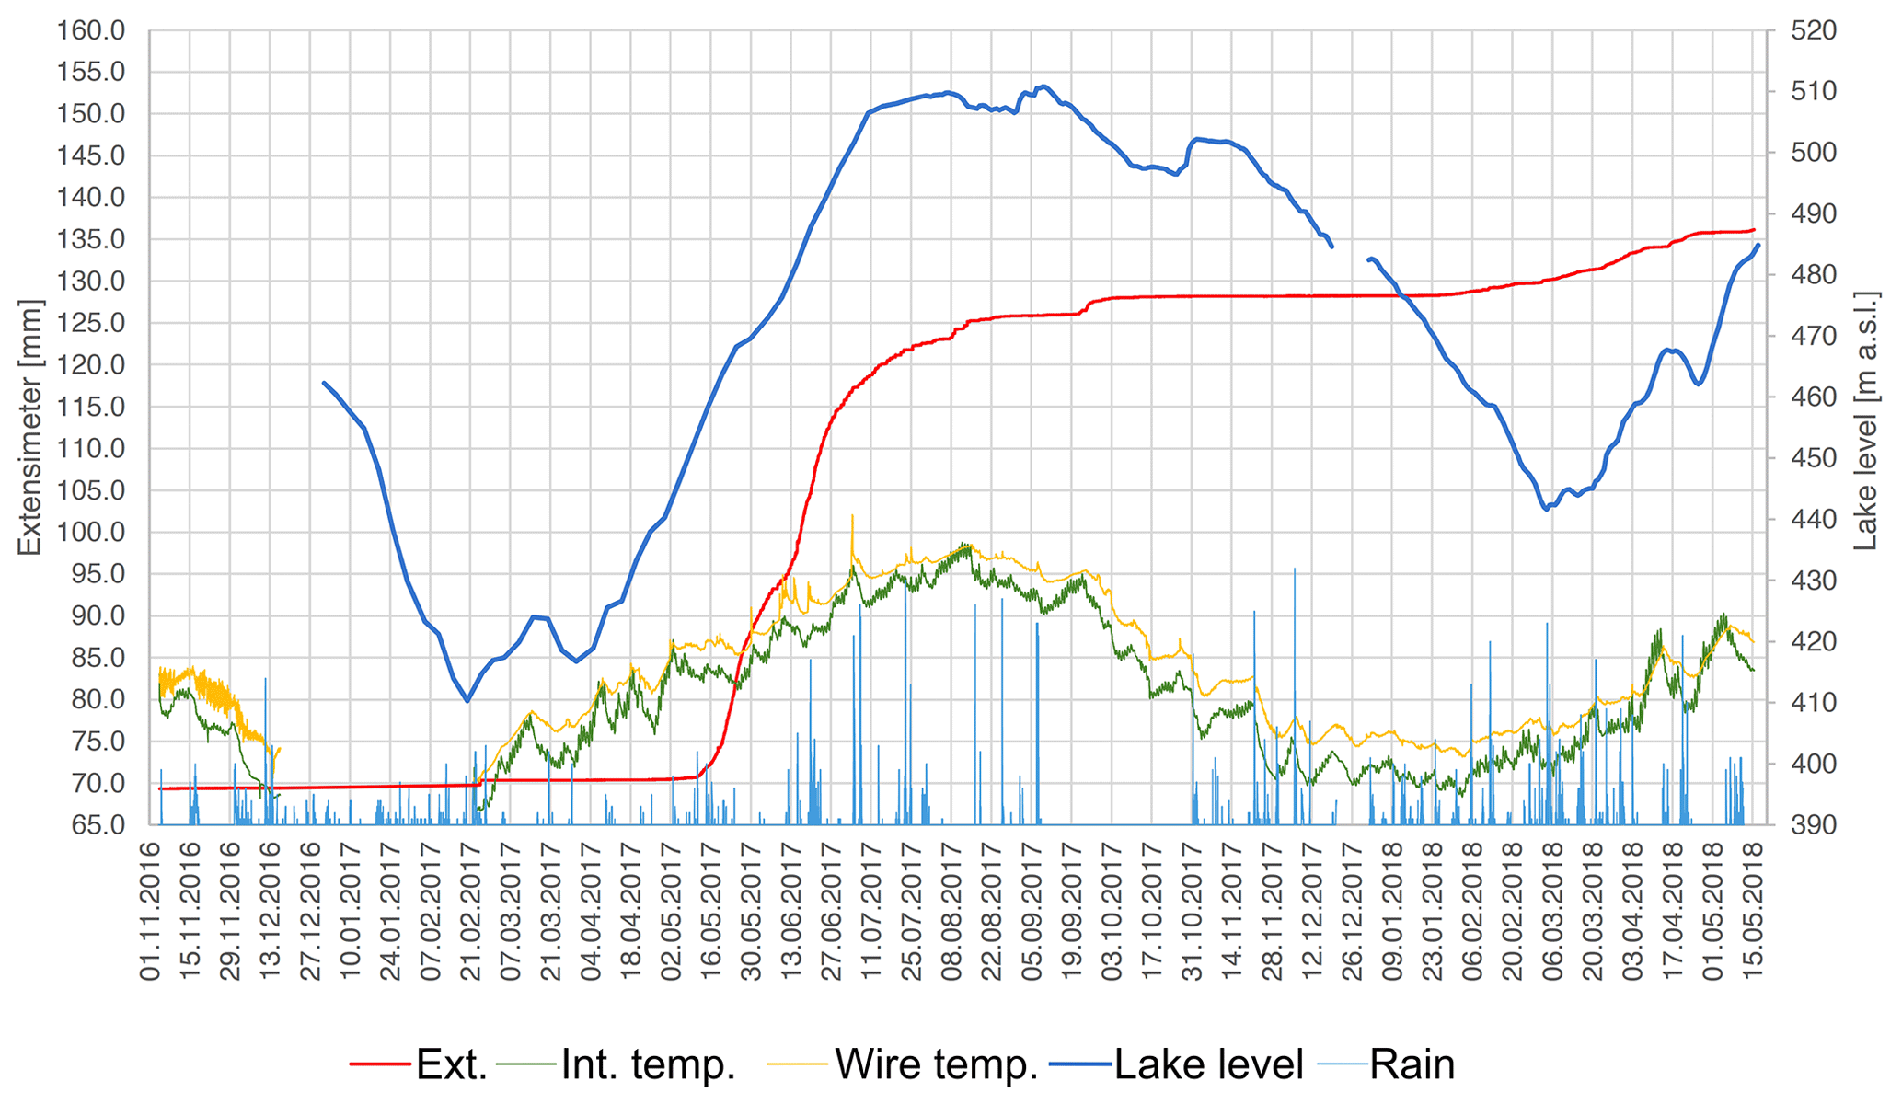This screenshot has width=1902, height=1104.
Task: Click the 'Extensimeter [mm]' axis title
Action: tap(29, 427)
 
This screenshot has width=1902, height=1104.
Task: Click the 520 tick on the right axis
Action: tap(1813, 31)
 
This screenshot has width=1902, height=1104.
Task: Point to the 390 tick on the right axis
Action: tap(1813, 824)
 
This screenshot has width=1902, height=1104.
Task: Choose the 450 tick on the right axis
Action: tap(1813, 458)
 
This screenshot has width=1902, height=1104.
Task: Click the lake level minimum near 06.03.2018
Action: tap(1547, 509)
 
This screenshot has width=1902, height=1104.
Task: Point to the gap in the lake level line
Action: tap(1350, 253)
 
